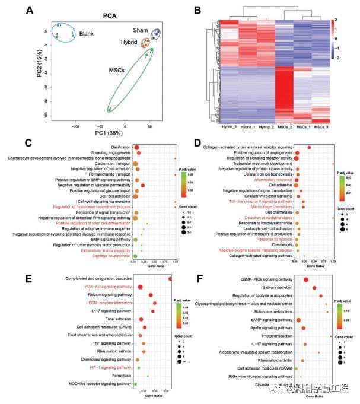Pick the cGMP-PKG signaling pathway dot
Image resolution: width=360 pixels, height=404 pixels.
(306, 279)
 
